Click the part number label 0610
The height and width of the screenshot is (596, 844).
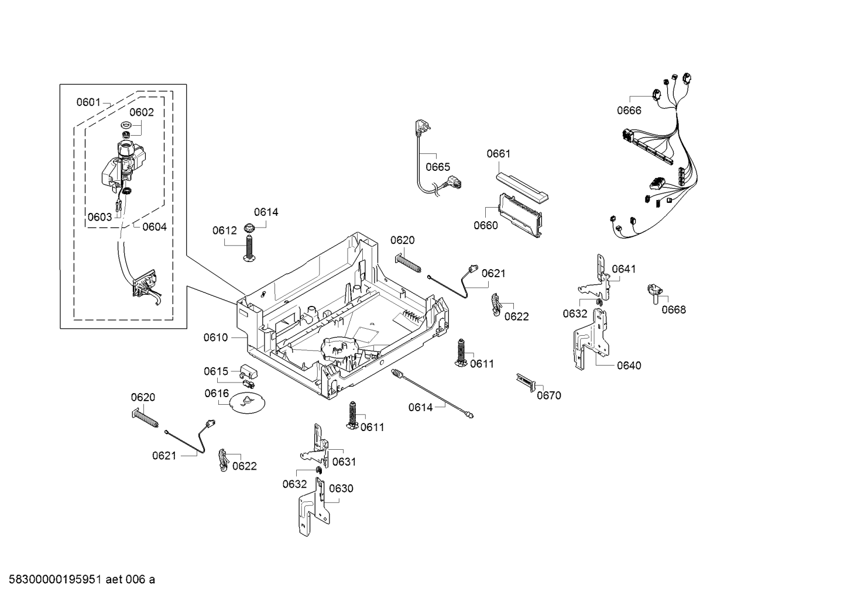tap(215, 337)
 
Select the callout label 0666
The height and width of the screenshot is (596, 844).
tap(629, 111)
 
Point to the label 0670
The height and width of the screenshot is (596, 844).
tap(548, 395)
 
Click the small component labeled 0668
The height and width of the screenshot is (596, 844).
tap(655, 291)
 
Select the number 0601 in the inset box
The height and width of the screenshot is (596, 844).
tap(88, 102)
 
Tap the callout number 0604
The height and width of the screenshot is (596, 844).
tap(155, 227)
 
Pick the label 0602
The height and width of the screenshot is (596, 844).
tap(142, 112)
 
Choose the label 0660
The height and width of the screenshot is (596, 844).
tap(485, 225)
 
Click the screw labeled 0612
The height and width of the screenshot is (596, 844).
tap(249, 250)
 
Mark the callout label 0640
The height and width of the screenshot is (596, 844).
tap(629, 366)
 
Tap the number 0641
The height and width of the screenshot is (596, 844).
tap(623, 269)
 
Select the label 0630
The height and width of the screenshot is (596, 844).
tap(341, 488)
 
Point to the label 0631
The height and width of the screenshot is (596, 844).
tap(344, 462)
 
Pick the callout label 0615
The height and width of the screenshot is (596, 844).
tap(215, 371)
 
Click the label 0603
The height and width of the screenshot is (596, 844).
tap(100, 217)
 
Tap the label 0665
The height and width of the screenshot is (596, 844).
tap(438, 167)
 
